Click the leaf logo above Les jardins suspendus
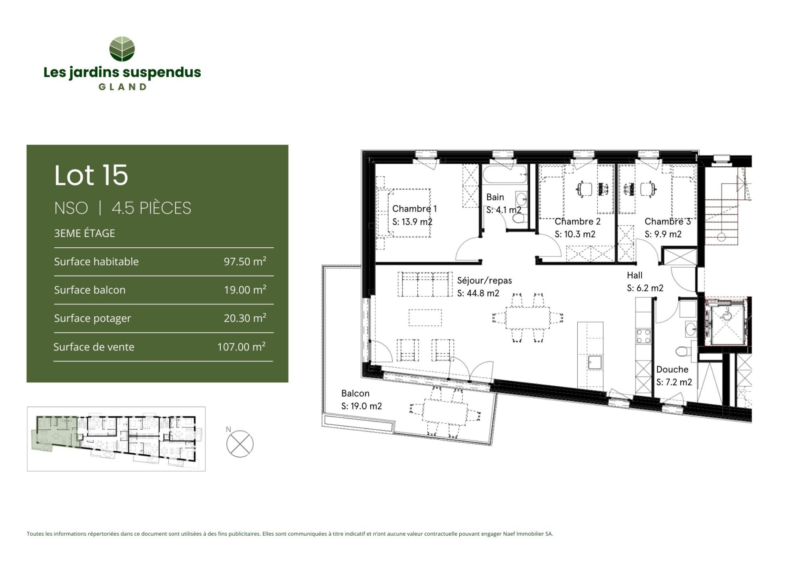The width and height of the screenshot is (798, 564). click(x=122, y=49)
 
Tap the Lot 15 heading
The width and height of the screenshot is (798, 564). click(x=91, y=175)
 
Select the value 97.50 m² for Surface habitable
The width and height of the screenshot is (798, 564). click(x=245, y=261)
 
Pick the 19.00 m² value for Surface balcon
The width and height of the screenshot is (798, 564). click(x=245, y=290)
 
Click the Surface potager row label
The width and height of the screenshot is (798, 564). click(x=92, y=318)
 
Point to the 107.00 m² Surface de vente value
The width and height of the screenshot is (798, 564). click(x=241, y=347)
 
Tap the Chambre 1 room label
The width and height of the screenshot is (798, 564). click(x=414, y=209)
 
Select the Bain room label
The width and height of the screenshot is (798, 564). click(x=495, y=197)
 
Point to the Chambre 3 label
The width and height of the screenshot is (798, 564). click(x=667, y=222)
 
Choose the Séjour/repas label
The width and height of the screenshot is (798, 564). click(x=485, y=281)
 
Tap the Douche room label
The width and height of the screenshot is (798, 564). click(x=672, y=369)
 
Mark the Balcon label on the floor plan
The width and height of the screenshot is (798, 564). click(x=355, y=393)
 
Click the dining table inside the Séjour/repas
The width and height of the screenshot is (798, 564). click(x=527, y=318)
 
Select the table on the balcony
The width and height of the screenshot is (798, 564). click(x=445, y=411)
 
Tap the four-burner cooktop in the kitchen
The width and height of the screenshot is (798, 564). click(x=643, y=336)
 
